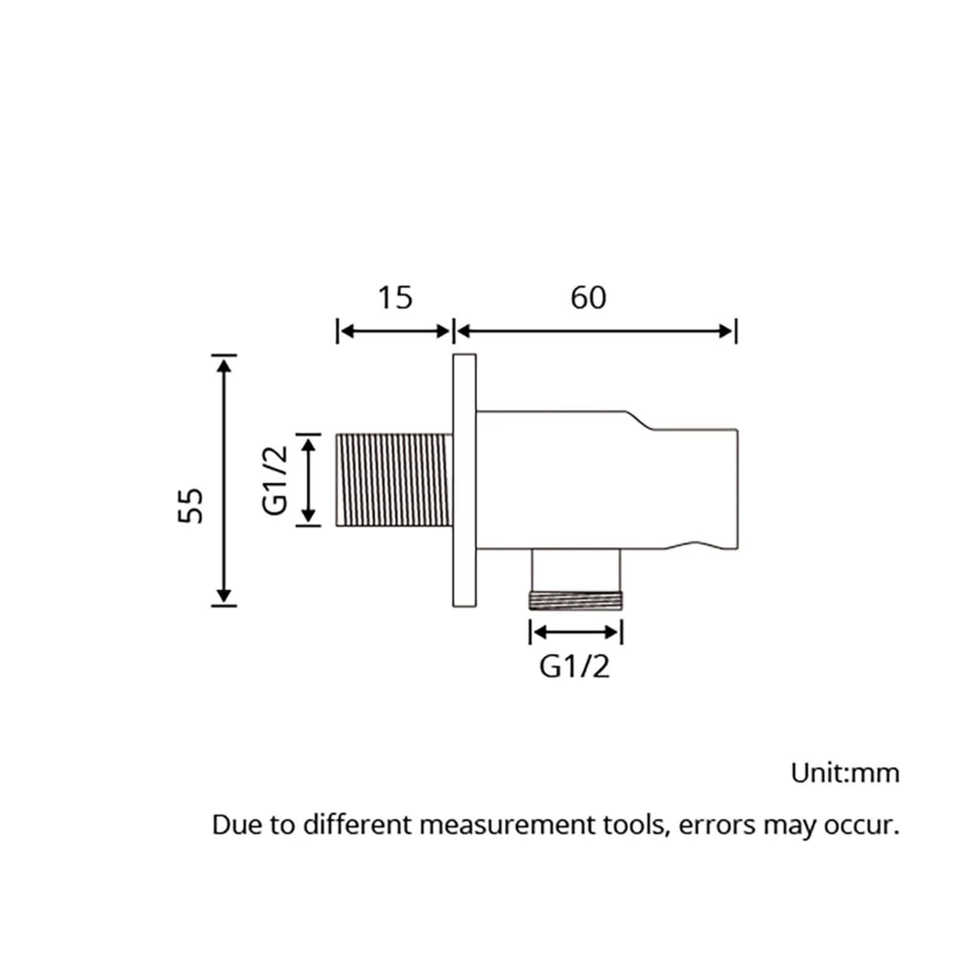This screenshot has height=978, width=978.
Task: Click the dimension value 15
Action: pyautogui.click(x=395, y=298)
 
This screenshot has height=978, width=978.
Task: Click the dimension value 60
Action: pyautogui.click(x=588, y=298)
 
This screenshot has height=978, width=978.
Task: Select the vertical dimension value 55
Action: pyautogui.click(x=191, y=505)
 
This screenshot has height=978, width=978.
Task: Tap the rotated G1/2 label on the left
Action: pyautogui.click(x=275, y=480)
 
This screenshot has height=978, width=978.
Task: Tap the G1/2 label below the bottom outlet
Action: pyautogui.click(x=575, y=666)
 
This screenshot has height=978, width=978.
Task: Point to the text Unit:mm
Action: pyautogui.click(x=845, y=773)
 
